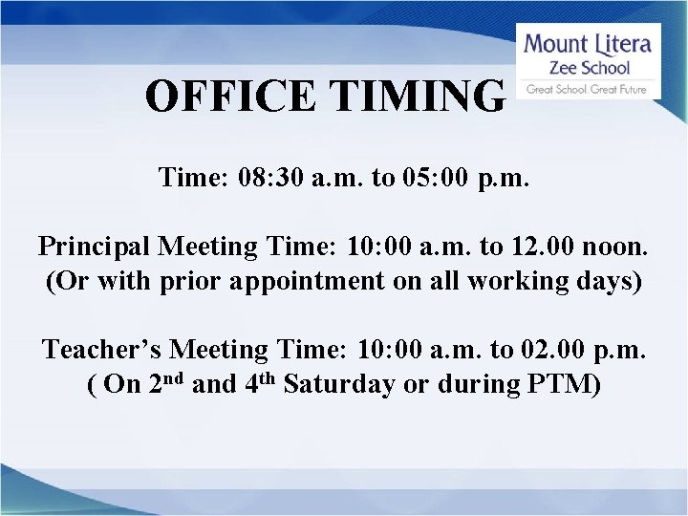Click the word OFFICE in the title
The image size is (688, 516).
tap(227, 96)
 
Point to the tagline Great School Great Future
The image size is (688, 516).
tap(587, 90)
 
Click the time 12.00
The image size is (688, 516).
tap(542, 247)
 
